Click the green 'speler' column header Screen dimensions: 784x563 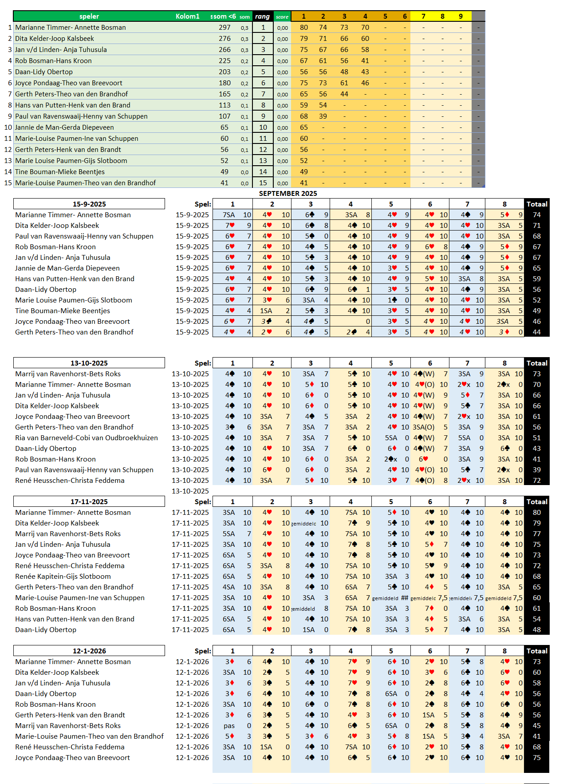click(x=89, y=16)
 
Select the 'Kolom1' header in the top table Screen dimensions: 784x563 click(x=187, y=16)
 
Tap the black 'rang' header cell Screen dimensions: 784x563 click(x=262, y=16)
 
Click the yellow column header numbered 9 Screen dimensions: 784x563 click(x=461, y=16)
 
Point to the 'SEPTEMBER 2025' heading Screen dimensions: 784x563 click(x=288, y=193)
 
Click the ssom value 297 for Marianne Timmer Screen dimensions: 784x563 click(x=224, y=28)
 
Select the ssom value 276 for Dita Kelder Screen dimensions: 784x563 click(x=224, y=39)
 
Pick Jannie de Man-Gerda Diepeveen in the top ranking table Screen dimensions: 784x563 click(x=64, y=127)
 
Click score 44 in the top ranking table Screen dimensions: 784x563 click(x=344, y=94)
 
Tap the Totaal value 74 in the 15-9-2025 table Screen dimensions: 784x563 click(x=536, y=215)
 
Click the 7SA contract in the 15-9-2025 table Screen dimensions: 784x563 click(x=229, y=215)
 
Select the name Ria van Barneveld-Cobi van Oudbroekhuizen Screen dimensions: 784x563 click(x=87, y=438)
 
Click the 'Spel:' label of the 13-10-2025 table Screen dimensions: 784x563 click(x=203, y=363)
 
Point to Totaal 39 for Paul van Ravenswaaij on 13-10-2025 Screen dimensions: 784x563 click(x=536, y=470)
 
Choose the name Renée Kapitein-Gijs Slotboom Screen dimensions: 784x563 click(x=63, y=577)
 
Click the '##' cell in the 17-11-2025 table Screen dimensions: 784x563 click(x=404, y=598)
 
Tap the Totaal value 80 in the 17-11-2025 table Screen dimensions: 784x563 click(x=536, y=513)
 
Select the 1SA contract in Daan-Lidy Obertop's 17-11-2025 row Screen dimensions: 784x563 click(x=309, y=630)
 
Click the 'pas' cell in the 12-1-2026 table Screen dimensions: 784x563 click(x=229, y=726)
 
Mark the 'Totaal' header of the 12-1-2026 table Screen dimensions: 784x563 click(x=536, y=651)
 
